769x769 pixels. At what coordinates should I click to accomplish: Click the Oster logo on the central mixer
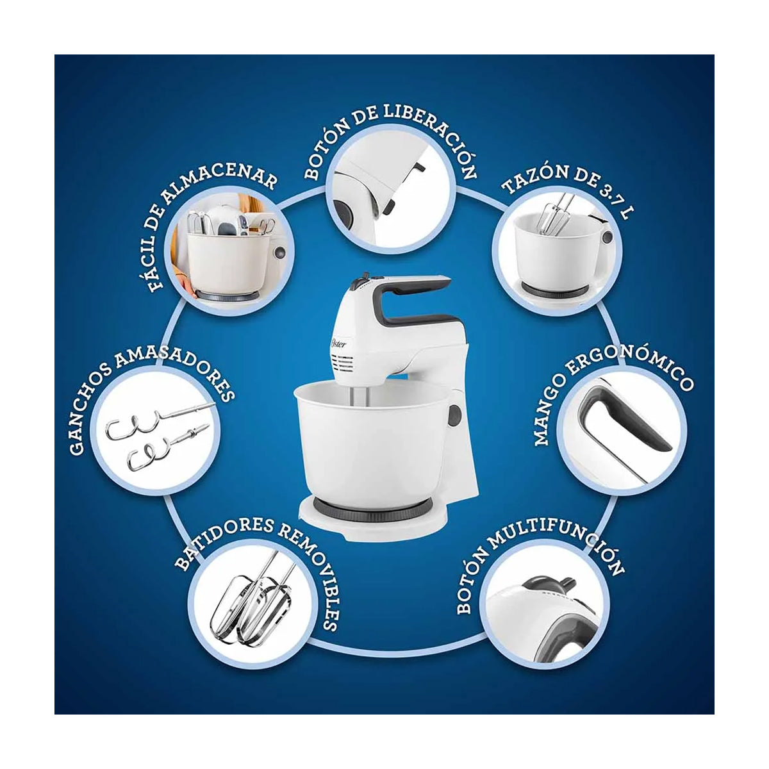click(340, 347)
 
